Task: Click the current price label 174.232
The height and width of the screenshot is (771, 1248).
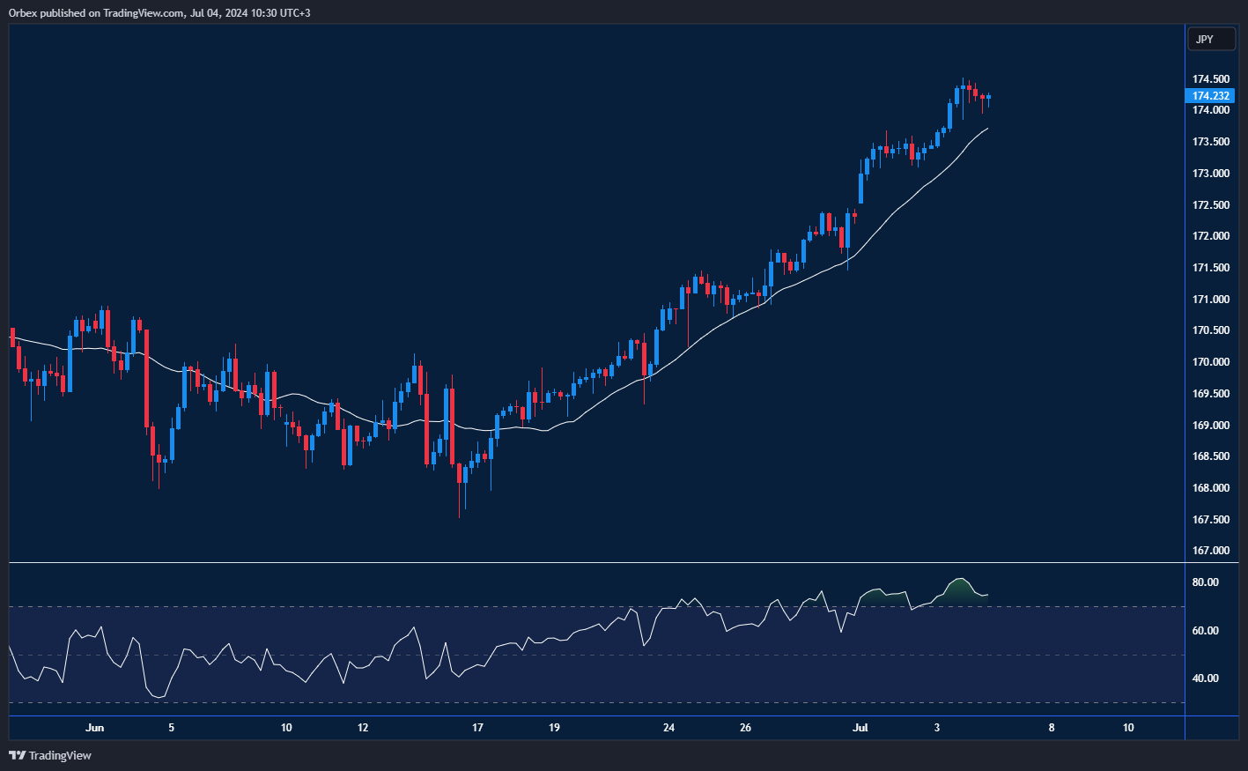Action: pos(1210,96)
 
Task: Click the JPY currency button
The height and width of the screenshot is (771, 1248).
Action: pos(1204,39)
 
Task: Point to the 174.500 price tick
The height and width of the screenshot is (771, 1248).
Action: pos(1210,79)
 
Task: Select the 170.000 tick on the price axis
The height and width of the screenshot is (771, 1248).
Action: pos(1210,362)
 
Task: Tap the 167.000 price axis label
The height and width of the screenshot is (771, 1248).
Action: pos(1210,551)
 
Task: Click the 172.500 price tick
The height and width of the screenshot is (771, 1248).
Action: pos(1210,205)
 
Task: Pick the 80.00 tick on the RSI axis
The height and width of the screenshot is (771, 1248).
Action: pos(1205,582)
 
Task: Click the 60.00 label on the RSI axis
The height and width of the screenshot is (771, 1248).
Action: pos(1205,631)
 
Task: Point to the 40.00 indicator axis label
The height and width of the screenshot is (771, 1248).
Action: pos(1205,678)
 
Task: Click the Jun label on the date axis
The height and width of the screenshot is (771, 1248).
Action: pos(95,728)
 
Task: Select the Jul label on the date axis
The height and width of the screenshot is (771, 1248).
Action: pos(860,728)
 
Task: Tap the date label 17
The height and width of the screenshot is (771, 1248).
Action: pos(477,728)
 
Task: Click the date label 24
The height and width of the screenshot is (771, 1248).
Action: pos(669,728)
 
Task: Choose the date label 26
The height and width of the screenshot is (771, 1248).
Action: pos(746,728)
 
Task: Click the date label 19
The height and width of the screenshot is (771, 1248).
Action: pos(554,728)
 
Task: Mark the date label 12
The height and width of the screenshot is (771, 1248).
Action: pos(363,728)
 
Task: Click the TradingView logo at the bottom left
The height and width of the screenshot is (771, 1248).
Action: pos(50,755)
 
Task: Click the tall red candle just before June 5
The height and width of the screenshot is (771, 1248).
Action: pos(147,379)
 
